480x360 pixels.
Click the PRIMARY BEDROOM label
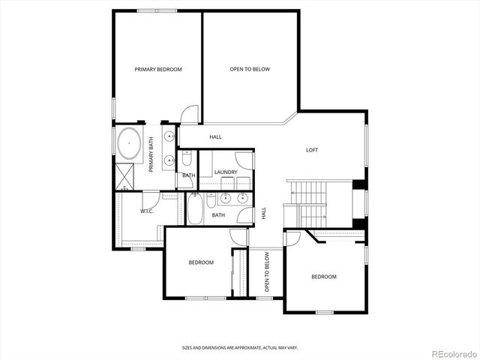point(158,70)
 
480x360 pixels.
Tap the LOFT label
point(312,150)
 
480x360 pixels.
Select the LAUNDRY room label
point(226,172)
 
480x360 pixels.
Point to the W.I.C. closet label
point(147,211)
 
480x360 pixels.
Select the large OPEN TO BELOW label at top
point(250,70)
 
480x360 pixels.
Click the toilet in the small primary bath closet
point(187,159)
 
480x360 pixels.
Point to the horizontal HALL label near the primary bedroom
point(215,136)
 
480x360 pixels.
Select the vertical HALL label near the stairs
point(263,213)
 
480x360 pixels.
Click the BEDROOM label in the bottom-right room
point(324,277)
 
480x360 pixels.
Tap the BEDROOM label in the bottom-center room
point(201,262)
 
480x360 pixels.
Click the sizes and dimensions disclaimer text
point(240,348)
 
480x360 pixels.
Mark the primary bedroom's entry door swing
point(190,114)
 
